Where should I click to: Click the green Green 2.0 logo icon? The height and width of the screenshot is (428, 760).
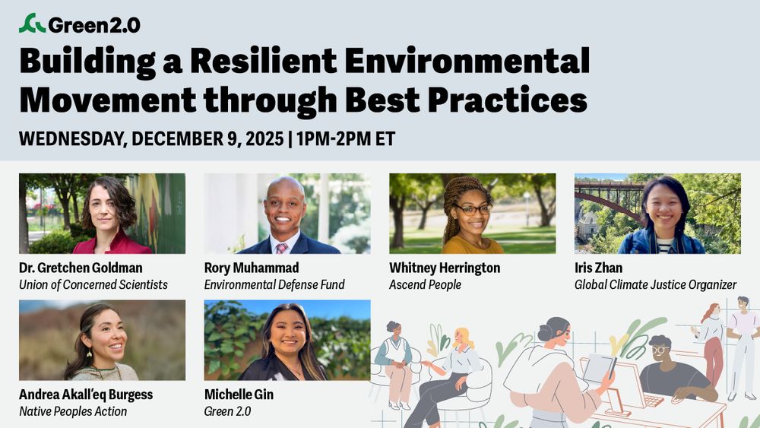point(32,24)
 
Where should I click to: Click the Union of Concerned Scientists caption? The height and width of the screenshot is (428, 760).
point(93,285)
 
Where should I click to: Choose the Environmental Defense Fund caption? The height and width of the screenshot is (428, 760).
point(274,285)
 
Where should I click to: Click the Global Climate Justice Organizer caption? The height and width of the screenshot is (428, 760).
point(655,285)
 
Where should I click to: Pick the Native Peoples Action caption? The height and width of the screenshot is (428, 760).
point(73,411)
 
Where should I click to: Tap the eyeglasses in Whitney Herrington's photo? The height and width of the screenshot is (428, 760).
point(473,208)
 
